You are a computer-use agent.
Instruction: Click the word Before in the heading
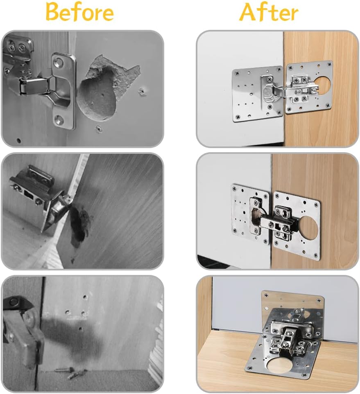coord(79,12)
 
